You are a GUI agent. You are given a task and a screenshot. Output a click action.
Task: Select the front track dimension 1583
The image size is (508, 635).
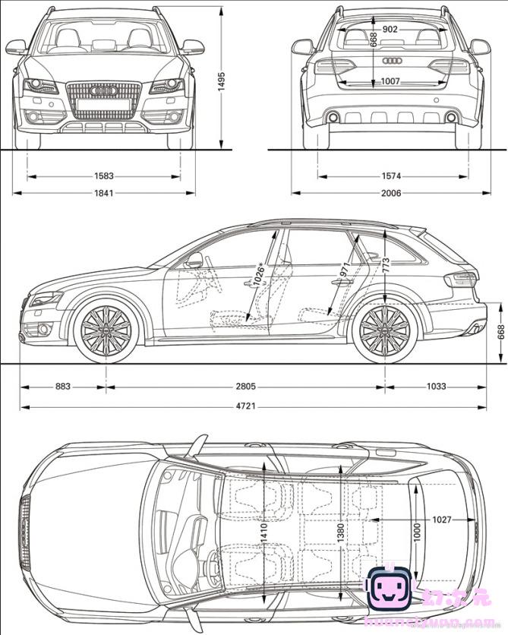104,176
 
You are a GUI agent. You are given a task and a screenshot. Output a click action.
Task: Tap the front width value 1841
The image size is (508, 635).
104,193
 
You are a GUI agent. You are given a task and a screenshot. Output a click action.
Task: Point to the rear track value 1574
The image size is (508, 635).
391,176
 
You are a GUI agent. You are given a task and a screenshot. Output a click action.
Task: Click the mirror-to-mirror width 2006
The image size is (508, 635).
391,193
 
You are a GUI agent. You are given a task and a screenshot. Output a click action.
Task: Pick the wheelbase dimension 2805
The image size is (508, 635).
245,387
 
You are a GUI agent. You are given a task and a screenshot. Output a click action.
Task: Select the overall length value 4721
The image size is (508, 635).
245,406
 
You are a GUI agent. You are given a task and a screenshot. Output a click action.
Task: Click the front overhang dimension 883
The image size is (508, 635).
63,387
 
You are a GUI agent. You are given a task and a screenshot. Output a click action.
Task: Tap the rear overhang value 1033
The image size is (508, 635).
436,387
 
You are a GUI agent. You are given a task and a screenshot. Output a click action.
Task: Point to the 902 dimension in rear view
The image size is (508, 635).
390,29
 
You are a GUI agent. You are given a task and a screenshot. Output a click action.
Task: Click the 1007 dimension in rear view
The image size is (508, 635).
390,81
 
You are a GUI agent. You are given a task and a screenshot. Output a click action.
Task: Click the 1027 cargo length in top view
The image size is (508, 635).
442,520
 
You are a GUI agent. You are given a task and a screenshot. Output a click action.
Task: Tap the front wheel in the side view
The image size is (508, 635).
106,332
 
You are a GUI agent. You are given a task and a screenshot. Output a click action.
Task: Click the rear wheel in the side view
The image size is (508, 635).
384,332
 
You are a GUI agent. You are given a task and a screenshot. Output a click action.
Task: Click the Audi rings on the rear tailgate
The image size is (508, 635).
392,61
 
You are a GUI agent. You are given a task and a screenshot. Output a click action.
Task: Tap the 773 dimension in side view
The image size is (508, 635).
387,265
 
